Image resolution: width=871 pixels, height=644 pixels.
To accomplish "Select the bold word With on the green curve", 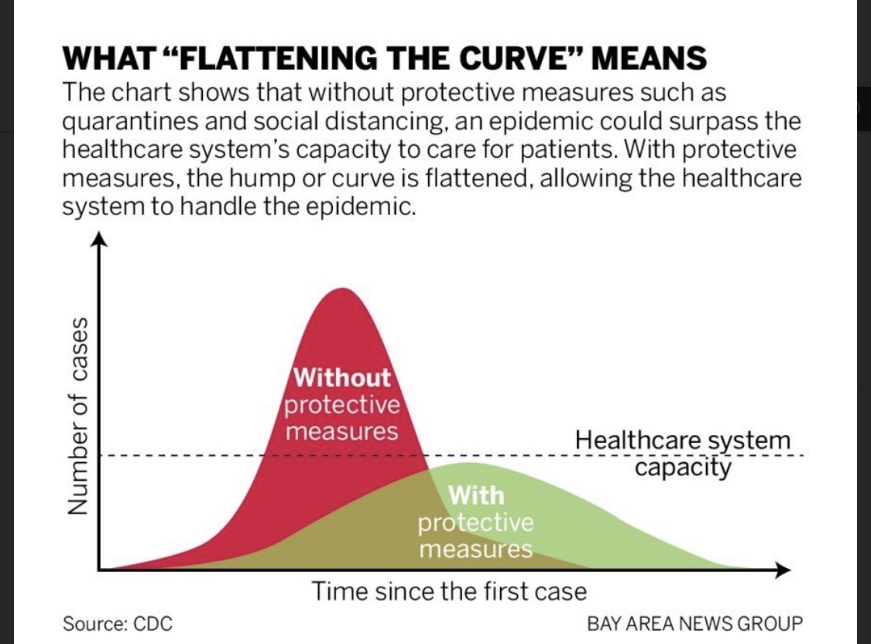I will [475, 494].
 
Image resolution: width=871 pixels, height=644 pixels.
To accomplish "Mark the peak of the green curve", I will [465, 464].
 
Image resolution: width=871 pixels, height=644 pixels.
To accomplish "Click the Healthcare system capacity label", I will [683, 454].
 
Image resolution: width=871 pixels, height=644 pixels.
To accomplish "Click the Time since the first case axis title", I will [449, 592].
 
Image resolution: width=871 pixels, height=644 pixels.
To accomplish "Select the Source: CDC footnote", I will [118, 623].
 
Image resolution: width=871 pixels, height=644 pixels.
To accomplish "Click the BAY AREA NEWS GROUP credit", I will [694, 623].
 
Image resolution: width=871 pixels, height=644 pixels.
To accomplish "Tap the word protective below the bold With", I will [475, 522].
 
